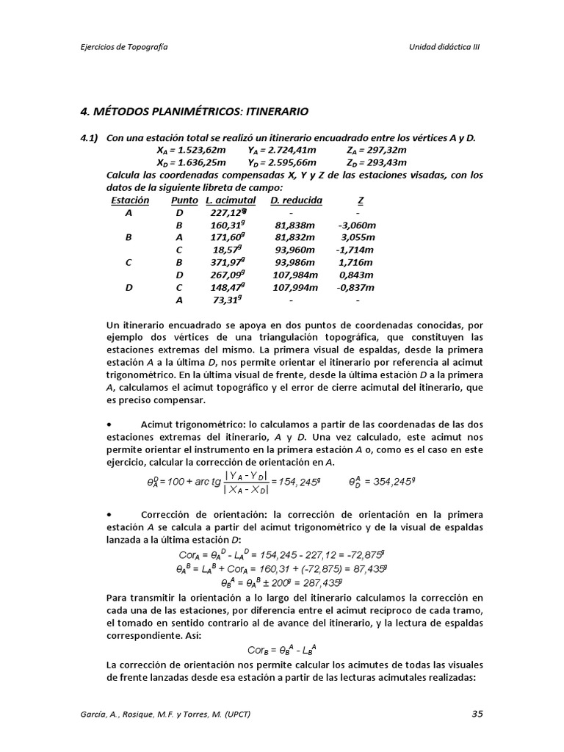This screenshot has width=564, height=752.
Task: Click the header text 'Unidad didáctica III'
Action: point(444,46)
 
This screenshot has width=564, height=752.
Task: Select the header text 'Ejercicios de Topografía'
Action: point(125,46)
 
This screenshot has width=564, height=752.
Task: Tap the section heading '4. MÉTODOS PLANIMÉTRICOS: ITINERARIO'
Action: point(194,112)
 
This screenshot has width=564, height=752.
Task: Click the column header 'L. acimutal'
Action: point(231,200)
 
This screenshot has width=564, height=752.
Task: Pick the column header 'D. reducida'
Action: point(296,200)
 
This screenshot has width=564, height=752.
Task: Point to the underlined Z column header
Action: point(360,200)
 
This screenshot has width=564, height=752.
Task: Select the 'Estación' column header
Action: point(130,200)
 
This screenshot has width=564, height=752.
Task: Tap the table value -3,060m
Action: point(357,225)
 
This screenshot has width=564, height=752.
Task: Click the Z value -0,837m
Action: point(357,287)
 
